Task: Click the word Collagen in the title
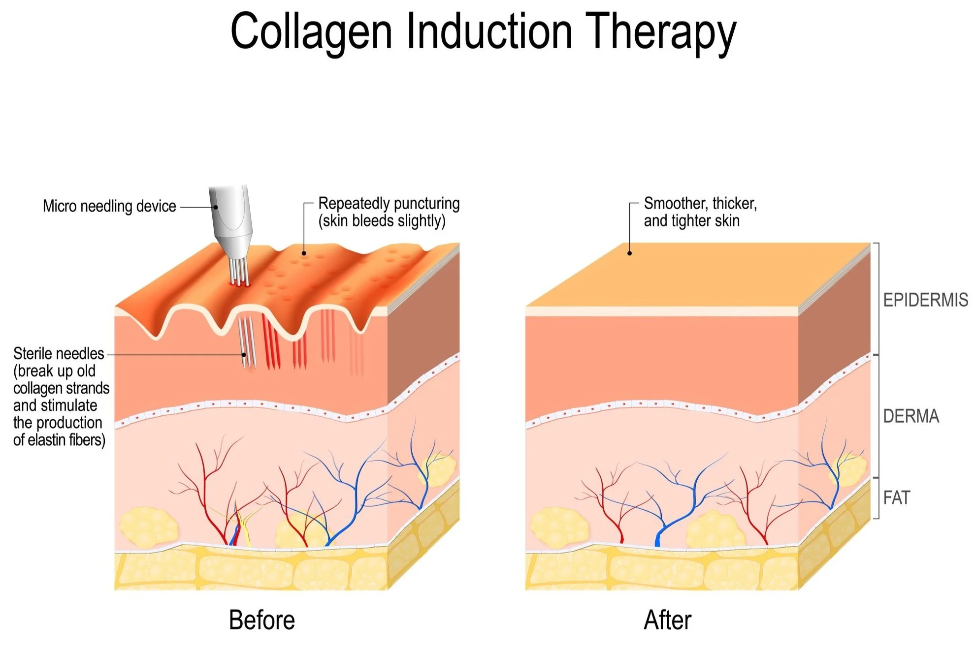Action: tap(311, 32)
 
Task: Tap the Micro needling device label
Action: tap(109, 206)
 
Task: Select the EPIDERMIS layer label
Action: tap(925, 300)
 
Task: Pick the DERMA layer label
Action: tap(911, 416)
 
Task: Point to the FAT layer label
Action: tap(896, 498)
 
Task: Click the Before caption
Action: tap(262, 620)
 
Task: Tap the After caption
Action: tap(668, 620)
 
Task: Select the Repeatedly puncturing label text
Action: tap(389, 203)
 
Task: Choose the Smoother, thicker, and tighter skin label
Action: tap(699, 212)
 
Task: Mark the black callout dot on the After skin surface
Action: tap(629, 253)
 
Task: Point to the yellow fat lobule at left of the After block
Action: tap(559, 526)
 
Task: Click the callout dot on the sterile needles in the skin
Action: tap(243, 355)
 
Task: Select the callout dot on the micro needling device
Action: tap(215, 207)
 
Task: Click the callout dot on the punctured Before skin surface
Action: tap(304, 253)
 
